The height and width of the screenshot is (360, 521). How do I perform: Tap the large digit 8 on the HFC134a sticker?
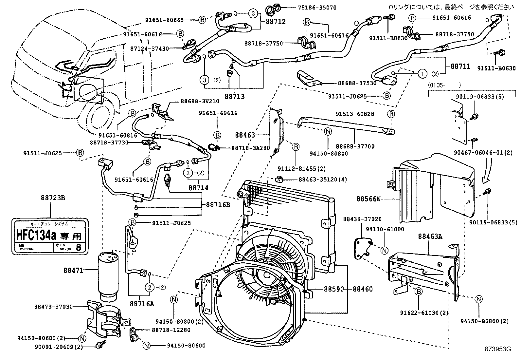pyautogui.click(x=78, y=247)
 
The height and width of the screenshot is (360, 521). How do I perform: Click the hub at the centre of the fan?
pyautogui.click(x=264, y=279)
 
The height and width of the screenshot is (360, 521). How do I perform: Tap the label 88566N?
pyautogui.click(x=368, y=199)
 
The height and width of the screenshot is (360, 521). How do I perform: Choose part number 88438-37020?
pyautogui.click(x=362, y=219)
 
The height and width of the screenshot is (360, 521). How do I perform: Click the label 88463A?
pyautogui.click(x=430, y=236)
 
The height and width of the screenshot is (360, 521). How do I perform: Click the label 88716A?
pyautogui.click(x=141, y=303)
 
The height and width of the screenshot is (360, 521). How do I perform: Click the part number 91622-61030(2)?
pyautogui.click(x=424, y=313)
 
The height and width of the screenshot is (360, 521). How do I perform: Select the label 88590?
pyautogui.click(x=334, y=289)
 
